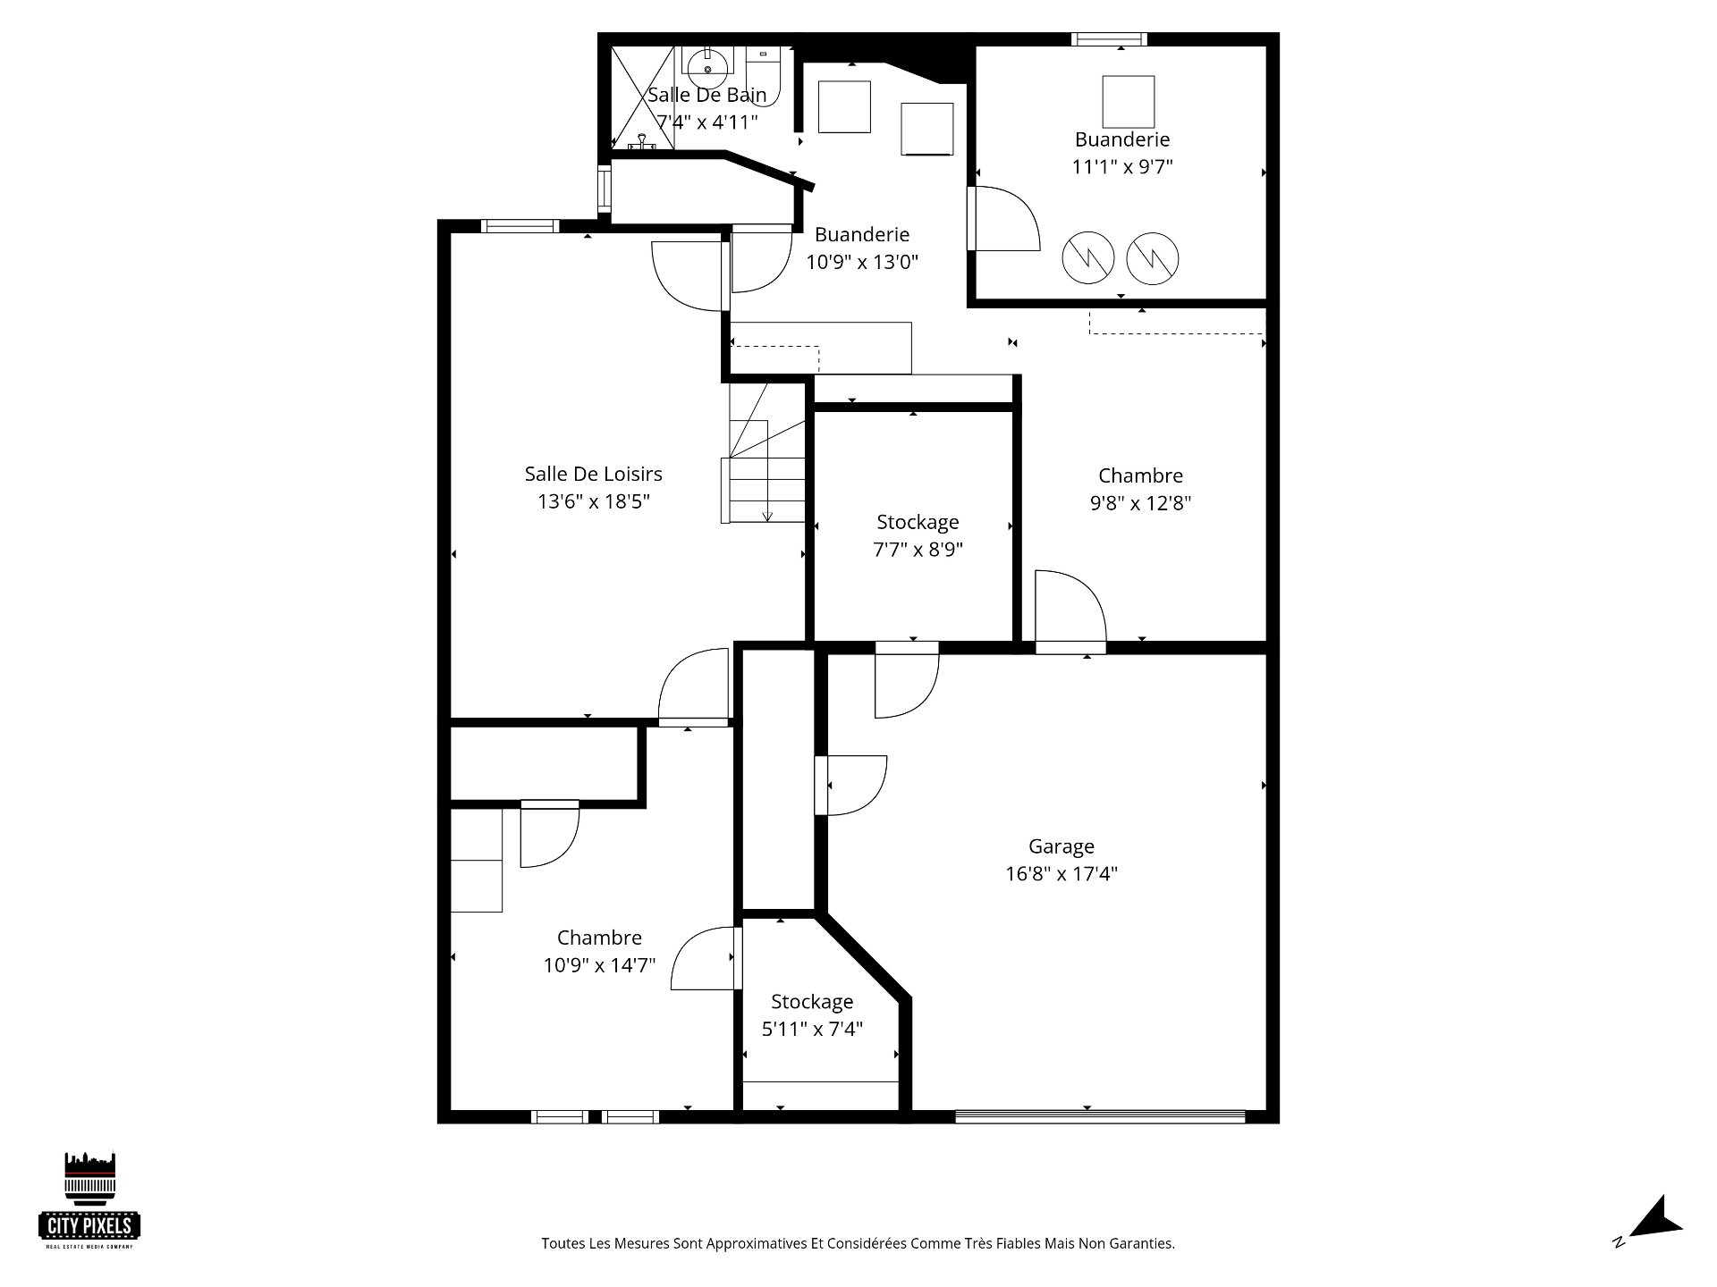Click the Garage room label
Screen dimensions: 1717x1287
[x=1061, y=846]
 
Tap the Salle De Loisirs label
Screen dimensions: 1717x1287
[x=593, y=474]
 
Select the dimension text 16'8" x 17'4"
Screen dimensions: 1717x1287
[x=1061, y=873]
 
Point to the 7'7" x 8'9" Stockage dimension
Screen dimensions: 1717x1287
[x=918, y=549]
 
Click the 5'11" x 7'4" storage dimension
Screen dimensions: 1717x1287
[x=812, y=1029]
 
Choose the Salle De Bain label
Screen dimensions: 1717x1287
[x=706, y=95]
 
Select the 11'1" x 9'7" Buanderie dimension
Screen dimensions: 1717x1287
[x=1122, y=166]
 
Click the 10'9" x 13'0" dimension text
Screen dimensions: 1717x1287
[x=862, y=262]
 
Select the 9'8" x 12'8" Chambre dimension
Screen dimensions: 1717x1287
[x=1140, y=502]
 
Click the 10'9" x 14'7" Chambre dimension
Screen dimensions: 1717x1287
[x=599, y=965]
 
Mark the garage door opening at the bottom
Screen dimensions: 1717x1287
[x=1100, y=1115]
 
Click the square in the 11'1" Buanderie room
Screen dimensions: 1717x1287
[x=1128, y=102]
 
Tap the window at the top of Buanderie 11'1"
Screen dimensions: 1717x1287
[x=1109, y=38]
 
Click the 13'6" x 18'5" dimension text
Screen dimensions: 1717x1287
[x=593, y=500]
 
